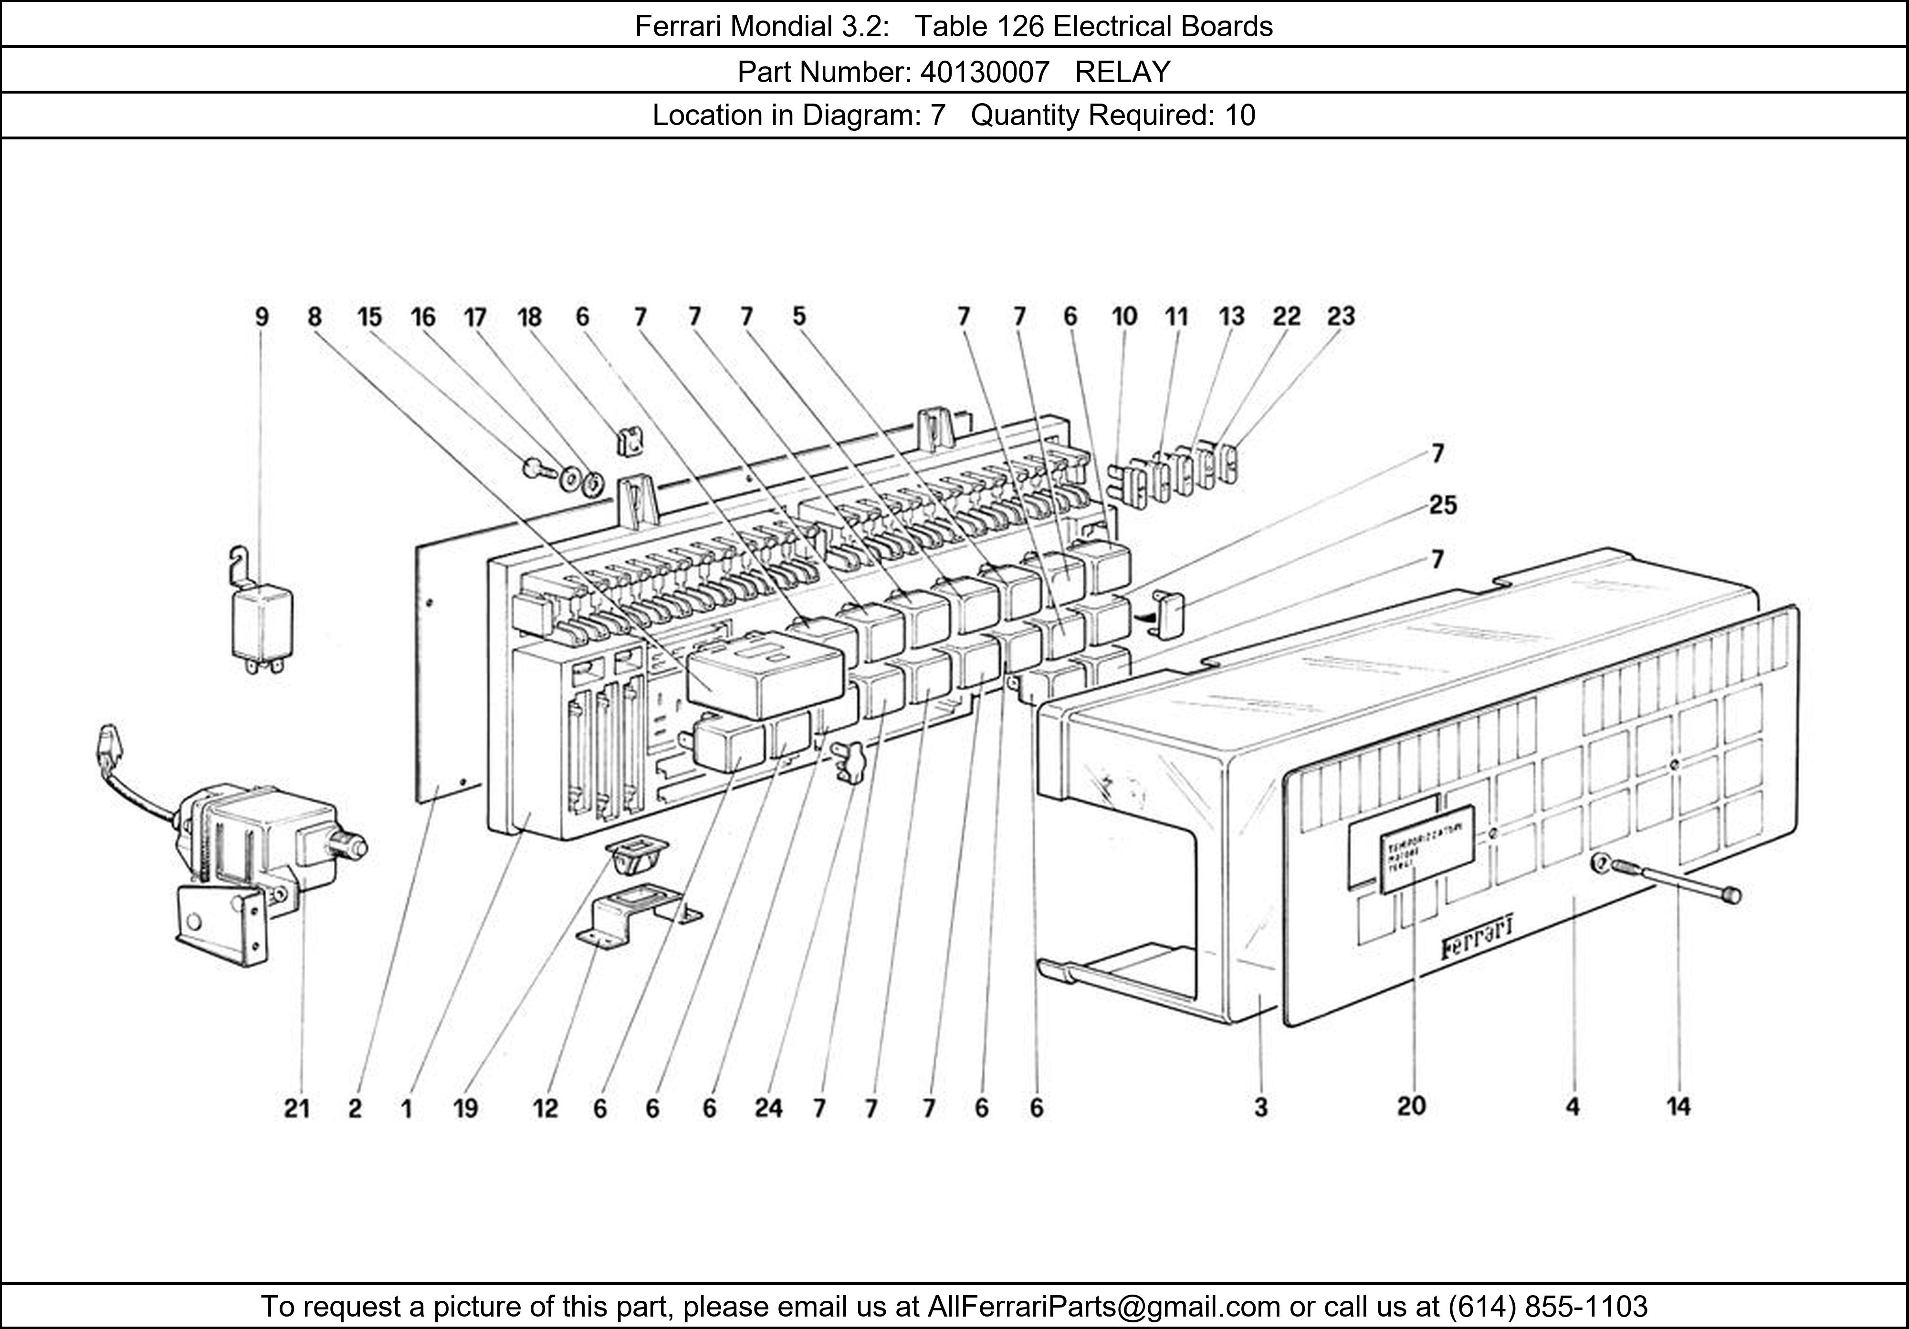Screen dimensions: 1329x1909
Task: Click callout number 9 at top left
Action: coord(262,317)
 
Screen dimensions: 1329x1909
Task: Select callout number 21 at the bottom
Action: coord(297,1108)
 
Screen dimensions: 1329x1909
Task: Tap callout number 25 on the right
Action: coord(1443,506)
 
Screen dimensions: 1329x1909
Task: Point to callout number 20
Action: coord(1411,1106)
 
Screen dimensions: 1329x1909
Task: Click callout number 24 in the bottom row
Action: coord(768,1108)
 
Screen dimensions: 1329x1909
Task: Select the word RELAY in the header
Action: coord(1122,73)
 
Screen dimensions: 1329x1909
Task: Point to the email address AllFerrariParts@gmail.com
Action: coord(1103,1307)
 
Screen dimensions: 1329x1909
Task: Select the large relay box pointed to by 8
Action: coord(765,674)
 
